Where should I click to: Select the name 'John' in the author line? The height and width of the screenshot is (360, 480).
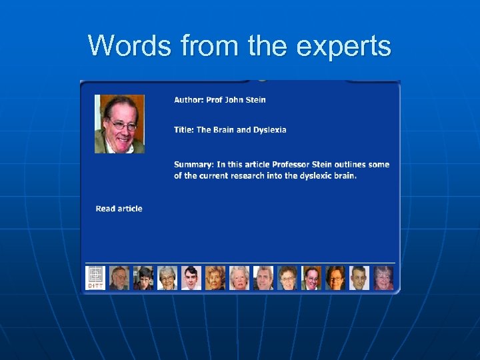235,100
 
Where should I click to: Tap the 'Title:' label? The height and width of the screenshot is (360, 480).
184,130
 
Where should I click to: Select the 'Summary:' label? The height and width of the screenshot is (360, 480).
194,165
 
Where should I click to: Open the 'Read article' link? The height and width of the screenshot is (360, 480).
119,209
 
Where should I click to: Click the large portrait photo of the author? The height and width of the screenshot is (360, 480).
119,124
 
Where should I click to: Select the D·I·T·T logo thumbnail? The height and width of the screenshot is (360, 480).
95,277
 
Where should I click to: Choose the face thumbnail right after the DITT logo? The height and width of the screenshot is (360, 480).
119,277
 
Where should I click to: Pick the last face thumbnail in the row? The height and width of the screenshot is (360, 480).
383,277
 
